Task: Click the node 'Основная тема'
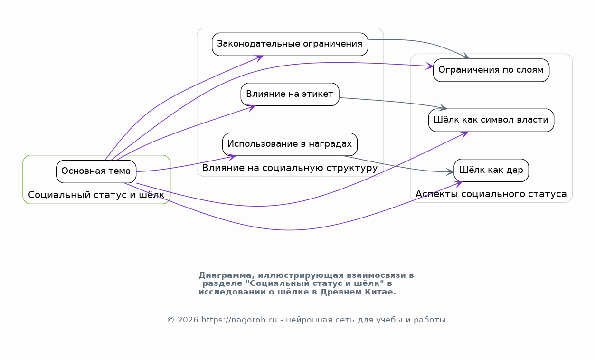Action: pos(96,171)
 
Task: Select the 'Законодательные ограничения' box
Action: pos(290,44)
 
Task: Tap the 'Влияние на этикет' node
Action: pos(290,95)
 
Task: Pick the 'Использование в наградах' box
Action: pos(290,144)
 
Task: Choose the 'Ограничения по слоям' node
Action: pos(491,70)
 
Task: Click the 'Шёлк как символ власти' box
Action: pos(491,120)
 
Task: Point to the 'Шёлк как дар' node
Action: pos(491,171)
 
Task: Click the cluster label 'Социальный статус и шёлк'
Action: pos(96,195)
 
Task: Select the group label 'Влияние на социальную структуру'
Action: pos(290,168)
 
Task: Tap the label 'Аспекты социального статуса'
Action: pos(491,194)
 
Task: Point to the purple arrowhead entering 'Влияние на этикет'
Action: pos(252,108)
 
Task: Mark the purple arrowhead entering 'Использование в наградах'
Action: pos(232,157)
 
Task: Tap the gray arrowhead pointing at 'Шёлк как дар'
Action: pos(450,172)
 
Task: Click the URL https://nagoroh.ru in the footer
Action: pos(239,320)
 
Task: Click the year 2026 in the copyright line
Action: pos(188,320)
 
